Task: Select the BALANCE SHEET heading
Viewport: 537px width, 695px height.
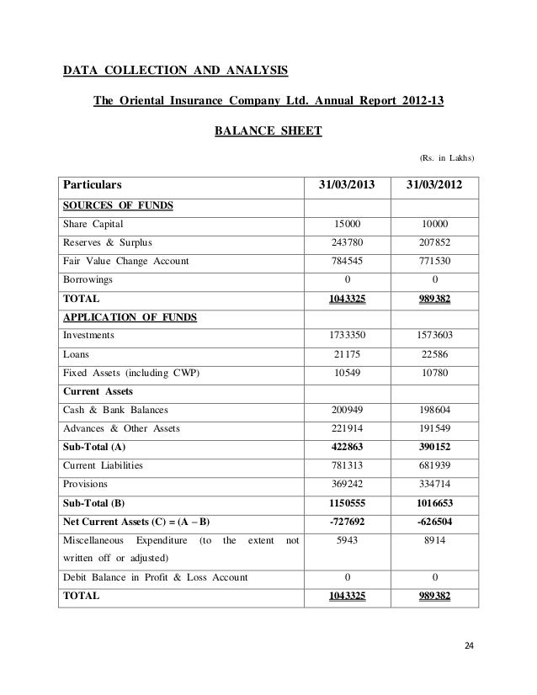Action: point(263,131)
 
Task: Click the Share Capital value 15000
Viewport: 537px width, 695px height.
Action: point(346,224)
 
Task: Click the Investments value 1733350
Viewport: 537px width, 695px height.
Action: point(346,335)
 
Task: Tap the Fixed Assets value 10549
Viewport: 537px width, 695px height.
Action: point(346,372)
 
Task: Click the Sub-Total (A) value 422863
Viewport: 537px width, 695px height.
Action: point(346,446)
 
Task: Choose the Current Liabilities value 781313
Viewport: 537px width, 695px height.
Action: point(346,464)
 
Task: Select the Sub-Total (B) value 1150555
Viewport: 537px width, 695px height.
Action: point(346,501)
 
